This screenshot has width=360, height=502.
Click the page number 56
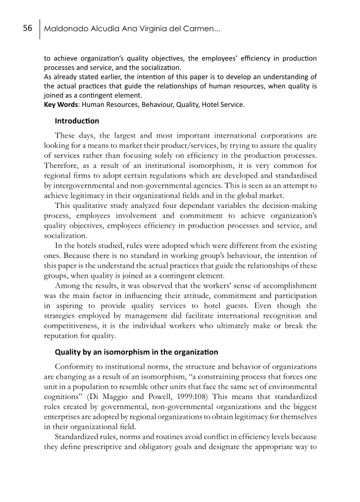tap(28, 29)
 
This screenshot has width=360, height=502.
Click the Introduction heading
tap(77, 121)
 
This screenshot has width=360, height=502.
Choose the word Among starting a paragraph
tap(67, 286)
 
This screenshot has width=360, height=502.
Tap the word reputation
tap(61, 337)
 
